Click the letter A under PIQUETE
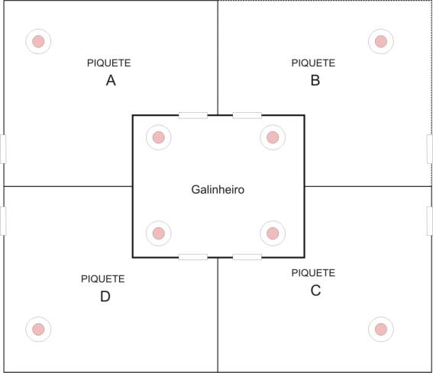pyautogui.click(x=111, y=81)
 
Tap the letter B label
pyautogui.click(x=315, y=81)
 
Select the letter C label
pyautogui.click(x=315, y=291)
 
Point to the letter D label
pyautogui.click(x=105, y=297)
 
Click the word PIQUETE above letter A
pyautogui.click(x=108, y=63)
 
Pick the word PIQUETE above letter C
pyautogui.click(x=313, y=273)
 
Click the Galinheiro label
pyautogui.click(x=218, y=190)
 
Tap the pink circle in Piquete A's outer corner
pyautogui.click(x=38, y=41)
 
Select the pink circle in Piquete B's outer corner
pyautogui.click(x=381, y=41)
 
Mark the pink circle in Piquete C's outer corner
pyautogui.click(x=381, y=329)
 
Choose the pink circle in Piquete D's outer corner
pyautogui.click(x=38, y=329)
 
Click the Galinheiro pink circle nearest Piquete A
pyautogui.click(x=159, y=137)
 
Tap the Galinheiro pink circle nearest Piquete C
pyautogui.click(x=273, y=233)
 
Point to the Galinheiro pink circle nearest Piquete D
pyautogui.click(x=159, y=233)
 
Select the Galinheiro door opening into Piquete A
pyautogui.click(x=193, y=115)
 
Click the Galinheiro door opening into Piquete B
pyautogui.click(x=247, y=115)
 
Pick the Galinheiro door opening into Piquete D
pyautogui.click(x=193, y=257)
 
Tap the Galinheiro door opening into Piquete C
pyautogui.click(x=247, y=257)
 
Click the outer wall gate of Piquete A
pyautogui.click(x=3, y=149)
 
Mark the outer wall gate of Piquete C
pyautogui.click(x=430, y=221)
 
